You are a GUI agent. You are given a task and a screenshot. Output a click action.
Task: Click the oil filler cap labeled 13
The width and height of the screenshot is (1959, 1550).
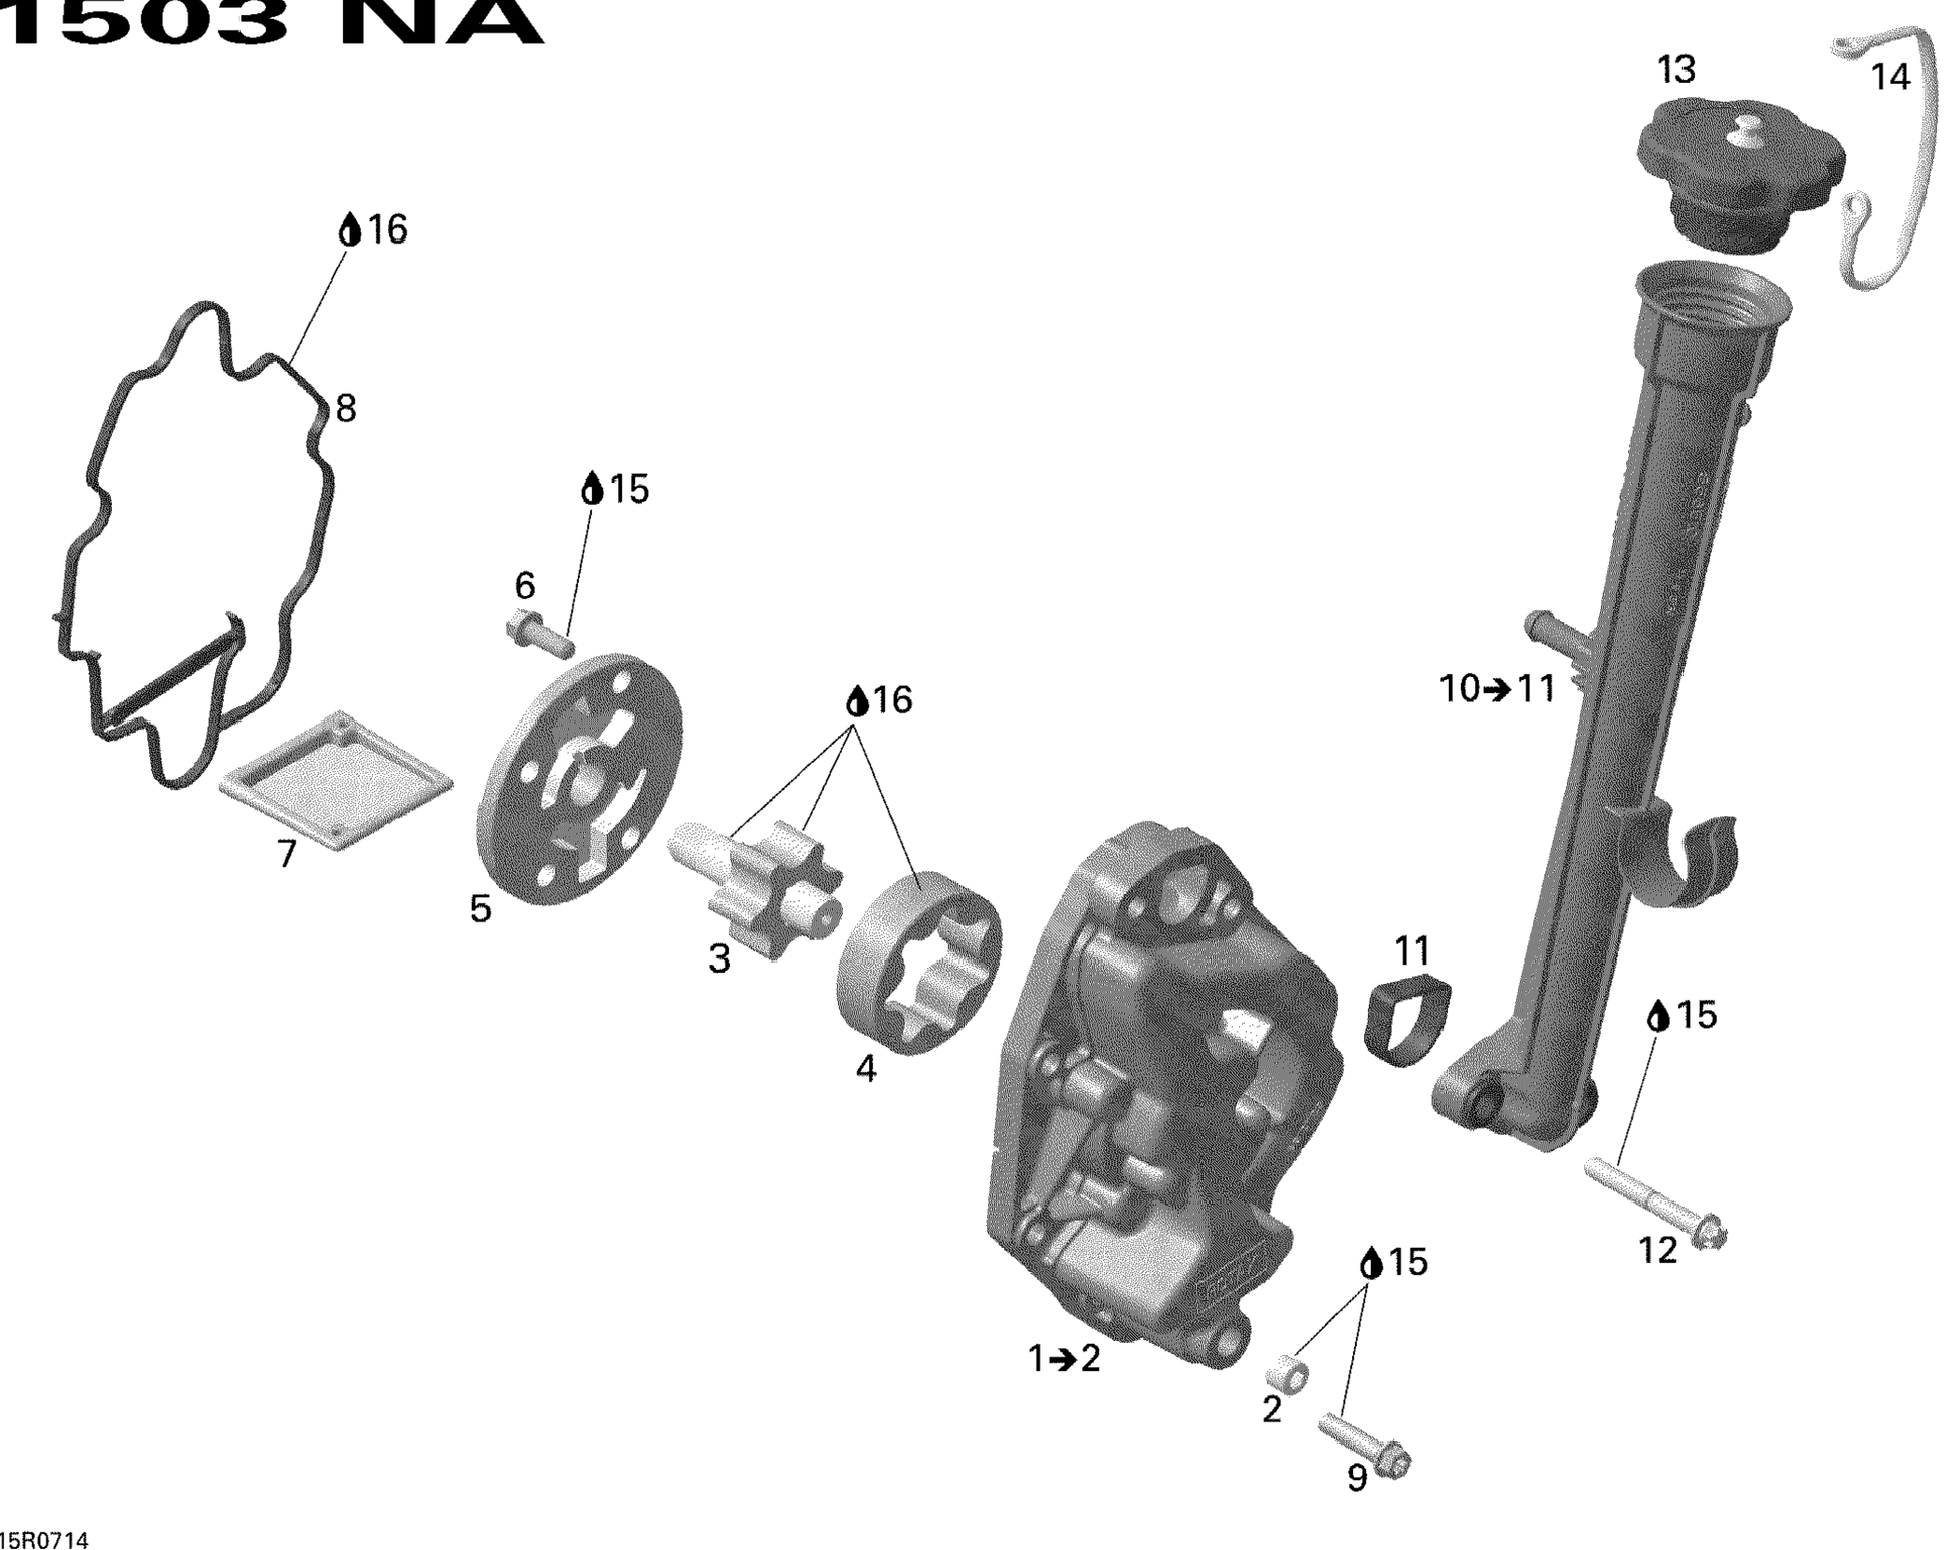point(1740,173)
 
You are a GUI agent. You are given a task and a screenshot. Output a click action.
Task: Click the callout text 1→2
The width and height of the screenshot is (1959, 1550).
point(1064,1359)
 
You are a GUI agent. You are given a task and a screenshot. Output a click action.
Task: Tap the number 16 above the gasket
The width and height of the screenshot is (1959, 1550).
point(387,229)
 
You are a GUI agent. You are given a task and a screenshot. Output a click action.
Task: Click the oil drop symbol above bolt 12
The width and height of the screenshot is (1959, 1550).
point(1658,1016)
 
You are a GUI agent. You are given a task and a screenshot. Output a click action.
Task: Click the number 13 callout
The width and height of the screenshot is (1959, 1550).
point(1676,70)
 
